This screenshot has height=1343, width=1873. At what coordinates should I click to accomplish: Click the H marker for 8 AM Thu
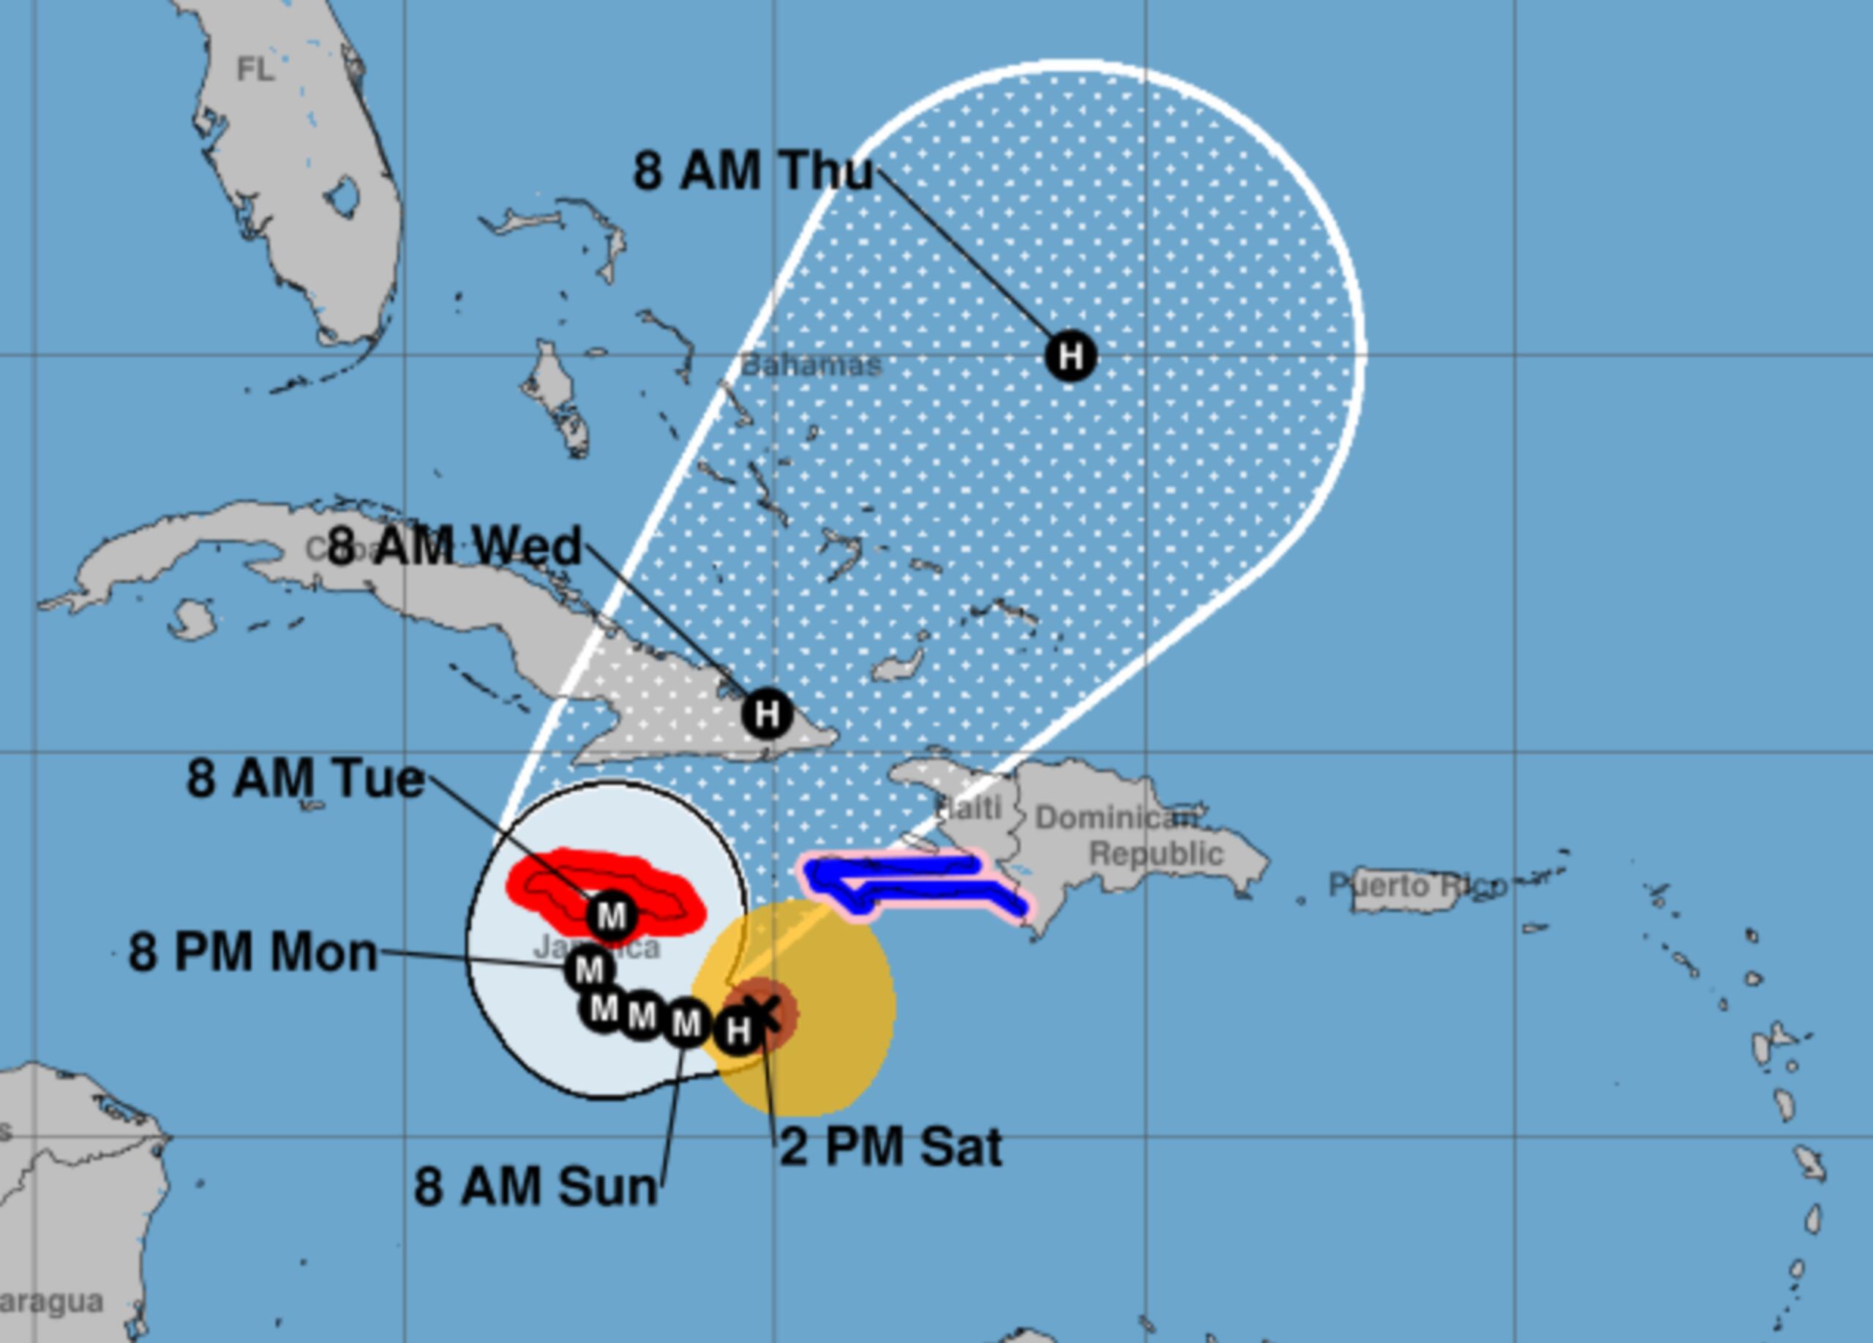tap(1070, 356)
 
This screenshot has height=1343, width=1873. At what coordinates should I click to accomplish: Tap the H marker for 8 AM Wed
tap(767, 713)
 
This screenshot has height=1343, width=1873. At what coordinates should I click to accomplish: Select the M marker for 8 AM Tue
tap(611, 915)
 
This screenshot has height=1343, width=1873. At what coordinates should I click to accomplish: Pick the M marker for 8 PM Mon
tap(590, 969)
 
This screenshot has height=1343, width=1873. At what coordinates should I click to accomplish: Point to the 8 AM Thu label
tap(752, 171)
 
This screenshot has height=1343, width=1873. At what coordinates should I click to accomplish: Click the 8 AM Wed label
tap(454, 546)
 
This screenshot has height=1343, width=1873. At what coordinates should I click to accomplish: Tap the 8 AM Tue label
tap(305, 778)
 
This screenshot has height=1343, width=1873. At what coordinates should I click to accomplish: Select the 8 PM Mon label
tap(252, 952)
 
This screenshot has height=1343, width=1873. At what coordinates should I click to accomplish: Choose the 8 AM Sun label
tap(535, 1187)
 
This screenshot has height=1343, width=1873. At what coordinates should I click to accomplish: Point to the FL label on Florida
tap(255, 70)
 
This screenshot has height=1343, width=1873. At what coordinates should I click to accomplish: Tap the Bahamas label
tap(811, 364)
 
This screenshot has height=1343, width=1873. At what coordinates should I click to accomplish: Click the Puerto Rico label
tap(1417, 886)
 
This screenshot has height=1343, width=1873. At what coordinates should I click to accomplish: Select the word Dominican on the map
tap(1115, 818)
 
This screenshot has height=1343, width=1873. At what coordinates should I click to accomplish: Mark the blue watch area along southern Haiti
tap(909, 879)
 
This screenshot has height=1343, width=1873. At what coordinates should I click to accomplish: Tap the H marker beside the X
tap(737, 1030)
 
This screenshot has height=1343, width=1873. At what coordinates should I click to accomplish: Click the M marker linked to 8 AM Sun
tap(686, 1023)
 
